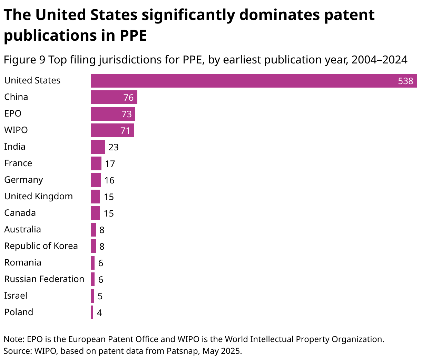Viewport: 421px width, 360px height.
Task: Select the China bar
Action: [x=114, y=97]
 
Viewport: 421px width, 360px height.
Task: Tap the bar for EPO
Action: [x=113, y=114]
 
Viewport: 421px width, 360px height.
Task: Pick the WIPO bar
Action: [x=112, y=130]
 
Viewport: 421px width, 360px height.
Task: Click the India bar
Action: [x=98, y=147]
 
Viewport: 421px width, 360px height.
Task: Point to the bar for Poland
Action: [x=92, y=312]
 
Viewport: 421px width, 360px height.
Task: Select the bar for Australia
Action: [x=93, y=230]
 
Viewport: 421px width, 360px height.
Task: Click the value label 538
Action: [x=405, y=81]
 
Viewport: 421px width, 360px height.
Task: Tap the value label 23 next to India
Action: [x=114, y=147]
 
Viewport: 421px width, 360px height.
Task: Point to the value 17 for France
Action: [x=110, y=164]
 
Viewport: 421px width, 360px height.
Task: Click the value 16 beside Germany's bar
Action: [x=109, y=180]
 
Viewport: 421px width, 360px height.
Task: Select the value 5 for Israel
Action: [x=100, y=296]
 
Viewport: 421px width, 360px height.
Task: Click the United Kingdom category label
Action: [x=38, y=196]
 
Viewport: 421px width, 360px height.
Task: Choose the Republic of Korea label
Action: [x=41, y=246]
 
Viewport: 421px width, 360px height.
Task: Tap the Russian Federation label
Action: [x=44, y=279]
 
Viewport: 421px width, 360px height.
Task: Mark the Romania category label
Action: [x=22, y=262]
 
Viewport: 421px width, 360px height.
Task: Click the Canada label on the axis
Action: [x=20, y=213]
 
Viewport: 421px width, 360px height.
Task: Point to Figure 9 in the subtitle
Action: [x=25, y=60]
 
